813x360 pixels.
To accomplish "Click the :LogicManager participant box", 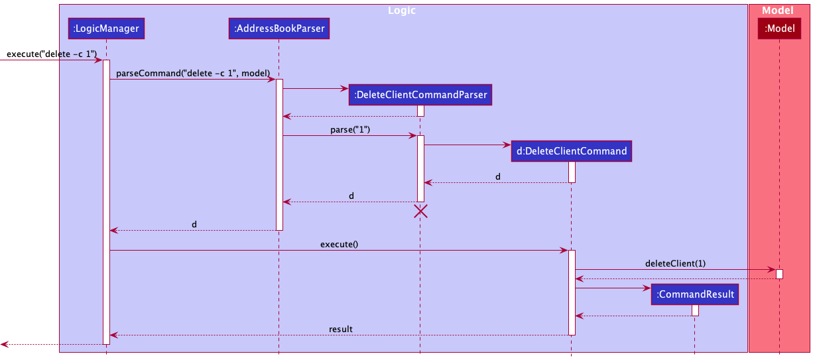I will coord(106,28).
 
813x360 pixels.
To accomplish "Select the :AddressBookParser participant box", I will coord(279,28).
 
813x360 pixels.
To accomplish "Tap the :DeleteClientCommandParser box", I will coord(420,95).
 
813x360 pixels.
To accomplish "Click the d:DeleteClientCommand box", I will coord(571,151).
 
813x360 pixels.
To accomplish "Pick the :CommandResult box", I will coord(695,294).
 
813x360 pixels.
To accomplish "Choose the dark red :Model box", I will coord(779,28).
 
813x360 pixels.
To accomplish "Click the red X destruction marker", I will coord(420,211).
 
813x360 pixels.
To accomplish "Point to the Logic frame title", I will coord(401,11).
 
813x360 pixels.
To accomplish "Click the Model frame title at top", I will coord(777,11).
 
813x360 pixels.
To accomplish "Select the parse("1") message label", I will coord(349,129).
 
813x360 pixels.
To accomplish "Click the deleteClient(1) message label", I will coord(675,263).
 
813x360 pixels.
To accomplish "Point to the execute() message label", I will coord(339,244).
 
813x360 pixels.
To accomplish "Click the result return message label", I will coord(340,329).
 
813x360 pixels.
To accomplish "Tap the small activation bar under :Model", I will coord(779,274).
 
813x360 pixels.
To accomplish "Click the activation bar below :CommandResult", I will coord(695,310).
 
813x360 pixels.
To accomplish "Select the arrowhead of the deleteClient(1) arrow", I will coord(772,270).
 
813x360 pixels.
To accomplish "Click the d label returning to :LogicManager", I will coord(194,224).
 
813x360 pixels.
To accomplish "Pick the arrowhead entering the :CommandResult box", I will coord(648,288).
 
